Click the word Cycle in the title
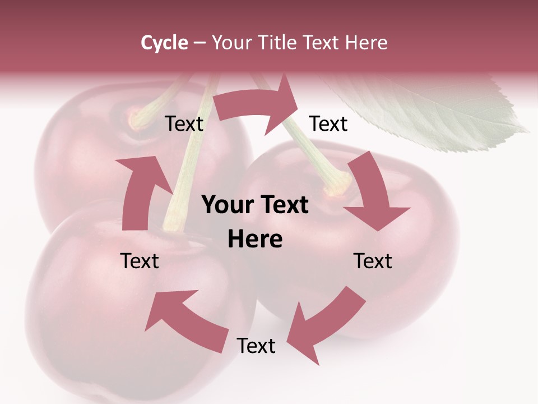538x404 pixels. [164, 43]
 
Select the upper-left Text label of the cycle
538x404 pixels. [184, 124]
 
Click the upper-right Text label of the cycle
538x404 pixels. [328, 124]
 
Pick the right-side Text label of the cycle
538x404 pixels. [373, 261]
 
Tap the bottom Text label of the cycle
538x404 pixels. [256, 346]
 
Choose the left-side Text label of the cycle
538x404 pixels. [140, 261]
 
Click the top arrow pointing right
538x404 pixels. [258, 107]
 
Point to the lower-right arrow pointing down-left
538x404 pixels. [325, 323]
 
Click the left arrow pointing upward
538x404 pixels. [140, 191]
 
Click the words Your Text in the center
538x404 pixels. [255, 205]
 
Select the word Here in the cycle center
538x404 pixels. [255, 240]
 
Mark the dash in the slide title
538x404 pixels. [200, 43]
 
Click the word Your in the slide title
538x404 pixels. [230, 43]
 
